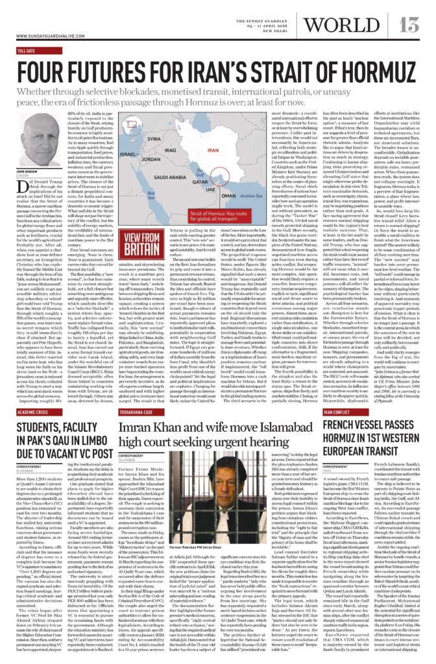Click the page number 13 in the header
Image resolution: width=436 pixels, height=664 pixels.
411,24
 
